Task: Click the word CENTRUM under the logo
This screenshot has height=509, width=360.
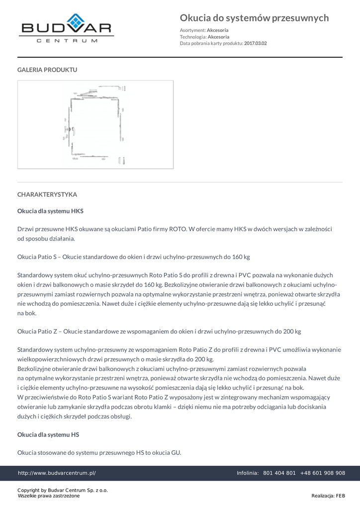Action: pyautogui.click(x=67, y=41)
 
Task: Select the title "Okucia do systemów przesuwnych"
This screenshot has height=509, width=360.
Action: pyautogui.click(x=254, y=18)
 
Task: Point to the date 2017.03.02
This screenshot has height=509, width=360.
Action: pyautogui.click(x=255, y=43)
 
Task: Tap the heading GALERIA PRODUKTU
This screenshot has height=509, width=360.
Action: pyautogui.click(x=47, y=70)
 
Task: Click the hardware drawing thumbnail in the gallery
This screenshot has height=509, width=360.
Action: pyautogui.click(x=95, y=125)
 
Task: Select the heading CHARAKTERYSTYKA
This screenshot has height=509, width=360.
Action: pyautogui.click(x=47, y=194)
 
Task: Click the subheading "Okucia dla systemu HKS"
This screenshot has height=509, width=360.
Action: pyautogui.click(x=50, y=211)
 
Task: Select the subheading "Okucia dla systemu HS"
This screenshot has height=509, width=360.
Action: pyautogui.click(x=48, y=434)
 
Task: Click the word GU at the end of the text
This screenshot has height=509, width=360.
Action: pyautogui.click(x=176, y=453)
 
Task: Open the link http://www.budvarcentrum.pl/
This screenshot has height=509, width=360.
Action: pyautogui.click(x=57, y=473)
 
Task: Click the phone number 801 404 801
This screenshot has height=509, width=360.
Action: pyautogui.click(x=279, y=473)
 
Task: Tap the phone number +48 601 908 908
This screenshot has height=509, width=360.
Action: pyautogui.click(x=323, y=473)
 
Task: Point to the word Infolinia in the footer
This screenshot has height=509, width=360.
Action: pyautogui.click(x=247, y=473)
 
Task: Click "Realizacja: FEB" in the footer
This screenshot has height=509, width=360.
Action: pyautogui.click(x=328, y=496)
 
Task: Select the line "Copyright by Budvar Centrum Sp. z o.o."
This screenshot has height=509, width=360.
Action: pyautogui.click(x=63, y=490)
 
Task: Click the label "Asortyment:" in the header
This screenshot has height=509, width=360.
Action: pyautogui.click(x=192, y=30)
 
